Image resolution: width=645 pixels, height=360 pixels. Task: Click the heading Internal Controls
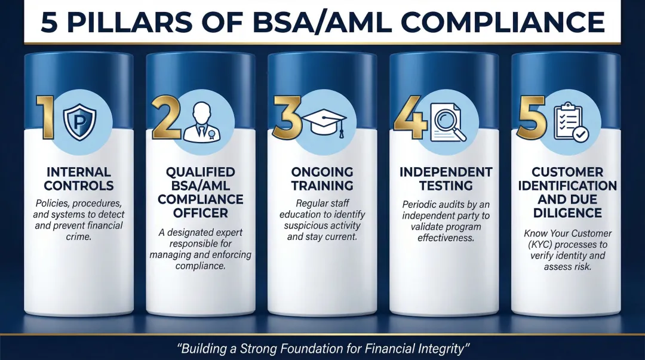[x=79, y=179]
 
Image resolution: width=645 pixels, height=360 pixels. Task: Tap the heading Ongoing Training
[x=323, y=179]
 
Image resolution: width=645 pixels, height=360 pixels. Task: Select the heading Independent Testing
[x=446, y=179]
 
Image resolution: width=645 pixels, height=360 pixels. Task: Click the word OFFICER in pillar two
[x=201, y=213]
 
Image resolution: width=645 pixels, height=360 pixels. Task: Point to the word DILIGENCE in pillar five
[x=568, y=213]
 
